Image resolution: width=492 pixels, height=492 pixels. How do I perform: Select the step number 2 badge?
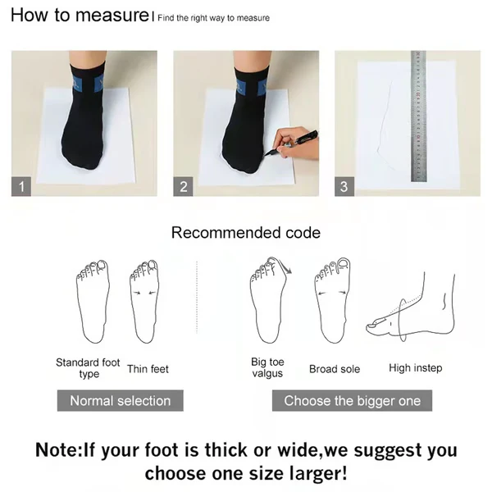click(184, 187)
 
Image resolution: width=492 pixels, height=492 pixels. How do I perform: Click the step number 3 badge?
click(344, 187)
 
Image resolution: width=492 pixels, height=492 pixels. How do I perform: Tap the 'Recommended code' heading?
click(246, 233)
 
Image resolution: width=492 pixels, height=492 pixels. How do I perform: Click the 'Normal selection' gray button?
click(120, 401)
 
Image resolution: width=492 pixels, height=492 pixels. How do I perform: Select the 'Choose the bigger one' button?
click(352, 401)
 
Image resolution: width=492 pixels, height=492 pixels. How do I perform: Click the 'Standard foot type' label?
click(88, 368)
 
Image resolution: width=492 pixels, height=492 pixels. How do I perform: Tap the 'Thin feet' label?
click(148, 369)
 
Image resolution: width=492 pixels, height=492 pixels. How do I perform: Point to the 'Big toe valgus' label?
click(267, 367)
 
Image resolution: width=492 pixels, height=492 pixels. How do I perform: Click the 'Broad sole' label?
click(334, 369)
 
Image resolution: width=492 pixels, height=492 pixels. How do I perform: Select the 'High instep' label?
click(415, 368)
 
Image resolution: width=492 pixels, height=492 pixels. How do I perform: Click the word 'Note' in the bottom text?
click(57, 450)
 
